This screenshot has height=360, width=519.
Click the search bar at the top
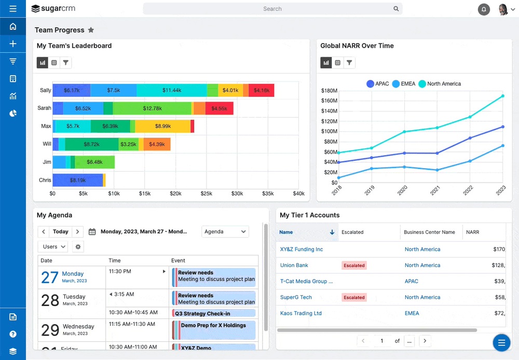[x=272, y=9]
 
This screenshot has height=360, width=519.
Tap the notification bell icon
[x=484, y=9]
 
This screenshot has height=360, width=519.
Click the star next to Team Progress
[x=91, y=30]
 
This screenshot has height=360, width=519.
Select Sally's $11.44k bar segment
[x=171, y=90]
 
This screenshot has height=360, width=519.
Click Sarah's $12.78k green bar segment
[x=152, y=108]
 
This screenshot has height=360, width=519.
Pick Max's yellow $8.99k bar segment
[x=162, y=126]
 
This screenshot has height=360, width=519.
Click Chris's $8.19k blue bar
[x=77, y=180]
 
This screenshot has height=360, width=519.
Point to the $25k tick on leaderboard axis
[x=206, y=193]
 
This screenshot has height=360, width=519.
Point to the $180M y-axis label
[x=329, y=91]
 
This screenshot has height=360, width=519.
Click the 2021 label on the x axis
[x=435, y=190]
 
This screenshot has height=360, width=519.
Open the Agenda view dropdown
[x=225, y=232]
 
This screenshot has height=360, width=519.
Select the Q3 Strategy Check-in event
[x=214, y=313]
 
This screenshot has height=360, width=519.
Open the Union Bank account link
[x=294, y=265]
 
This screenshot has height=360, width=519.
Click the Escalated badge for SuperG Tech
[x=354, y=297]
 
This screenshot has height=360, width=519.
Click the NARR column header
[x=473, y=232]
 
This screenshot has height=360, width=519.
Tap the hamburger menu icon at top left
[x=13, y=9]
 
